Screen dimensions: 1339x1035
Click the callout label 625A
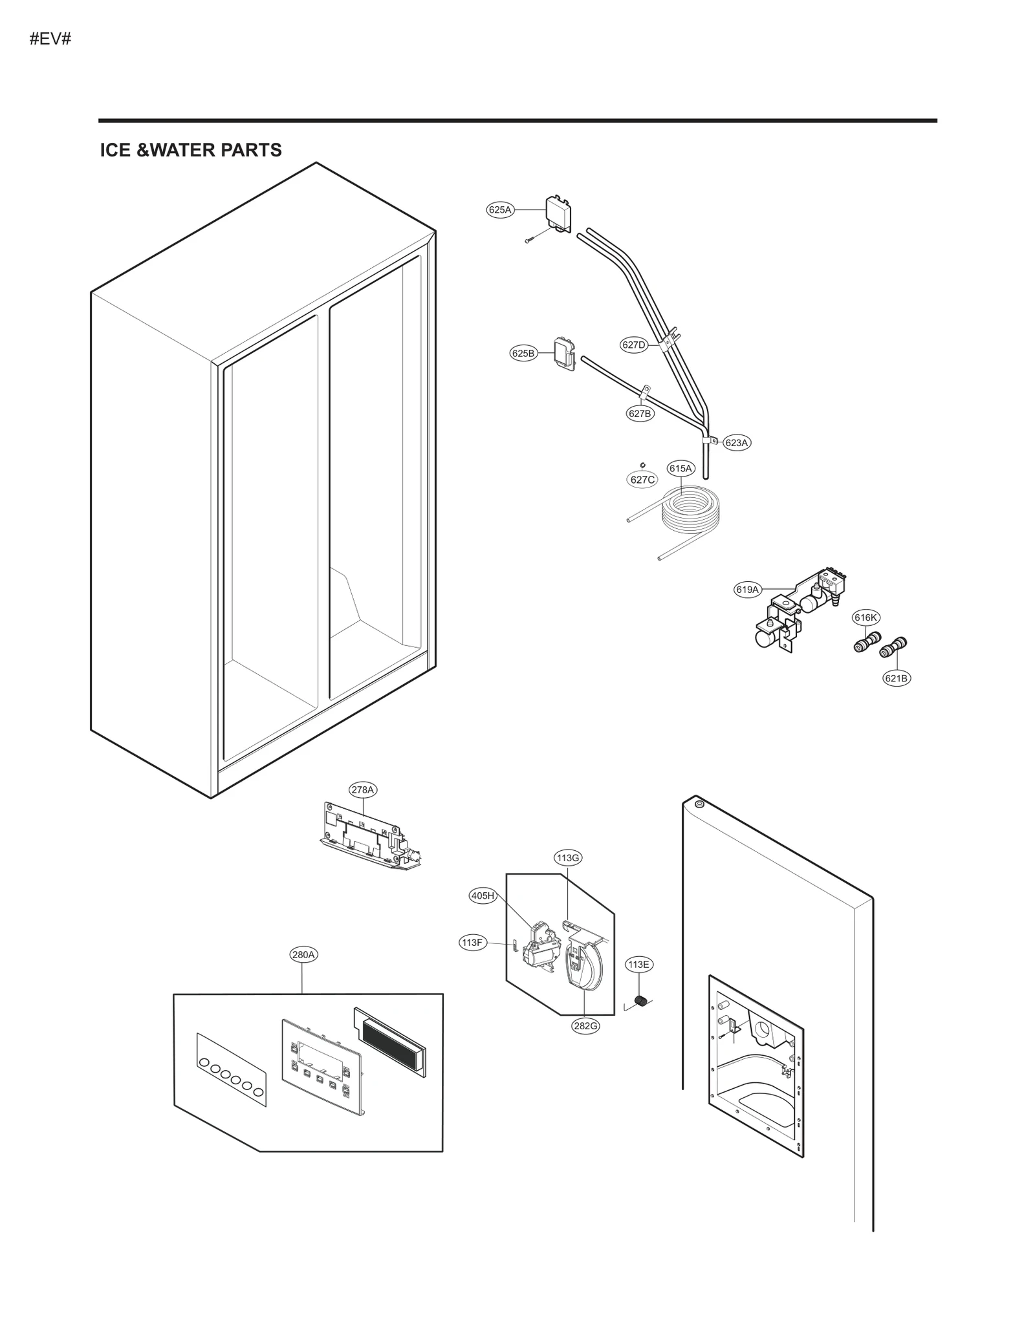(x=499, y=209)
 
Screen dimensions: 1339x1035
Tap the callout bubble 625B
(x=523, y=353)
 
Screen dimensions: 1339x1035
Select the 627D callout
(x=634, y=345)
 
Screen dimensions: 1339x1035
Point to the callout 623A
(x=736, y=443)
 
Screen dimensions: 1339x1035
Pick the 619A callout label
(x=747, y=590)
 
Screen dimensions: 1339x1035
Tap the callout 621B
(x=897, y=678)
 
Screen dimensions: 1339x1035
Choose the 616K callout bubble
(x=866, y=617)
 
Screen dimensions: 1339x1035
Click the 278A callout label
(x=362, y=789)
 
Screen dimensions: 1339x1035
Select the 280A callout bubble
(x=303, y=954)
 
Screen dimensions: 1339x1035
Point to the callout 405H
(x=483, y=895)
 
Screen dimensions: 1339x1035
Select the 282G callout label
(x=585, y=1026)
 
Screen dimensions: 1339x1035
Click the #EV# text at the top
(x=50, y=39)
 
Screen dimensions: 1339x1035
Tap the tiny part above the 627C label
(x=642, y=464)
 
